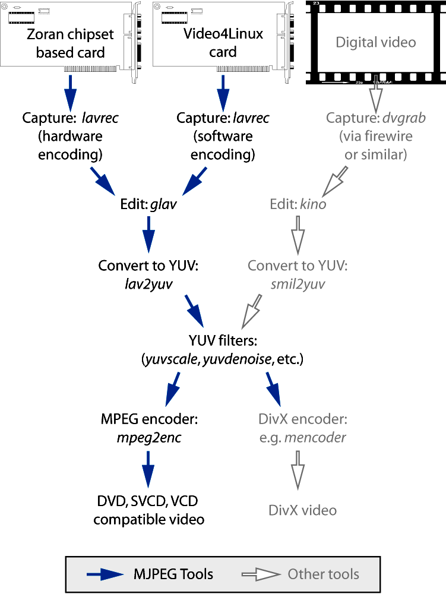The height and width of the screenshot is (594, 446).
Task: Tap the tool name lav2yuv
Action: coord(148,284)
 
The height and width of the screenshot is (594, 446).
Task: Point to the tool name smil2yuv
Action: coord(297,284)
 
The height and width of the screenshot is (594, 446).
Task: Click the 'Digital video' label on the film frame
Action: coord(376,42)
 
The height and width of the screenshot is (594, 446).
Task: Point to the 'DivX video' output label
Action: coord(302,510)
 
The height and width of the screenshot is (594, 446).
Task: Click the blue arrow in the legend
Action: coord(109,574)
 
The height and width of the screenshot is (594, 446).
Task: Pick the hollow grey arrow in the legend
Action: coord(261,574)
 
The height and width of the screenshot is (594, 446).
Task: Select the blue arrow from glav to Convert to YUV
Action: coord(148,236)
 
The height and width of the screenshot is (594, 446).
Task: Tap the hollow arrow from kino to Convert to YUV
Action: coord(298,236)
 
